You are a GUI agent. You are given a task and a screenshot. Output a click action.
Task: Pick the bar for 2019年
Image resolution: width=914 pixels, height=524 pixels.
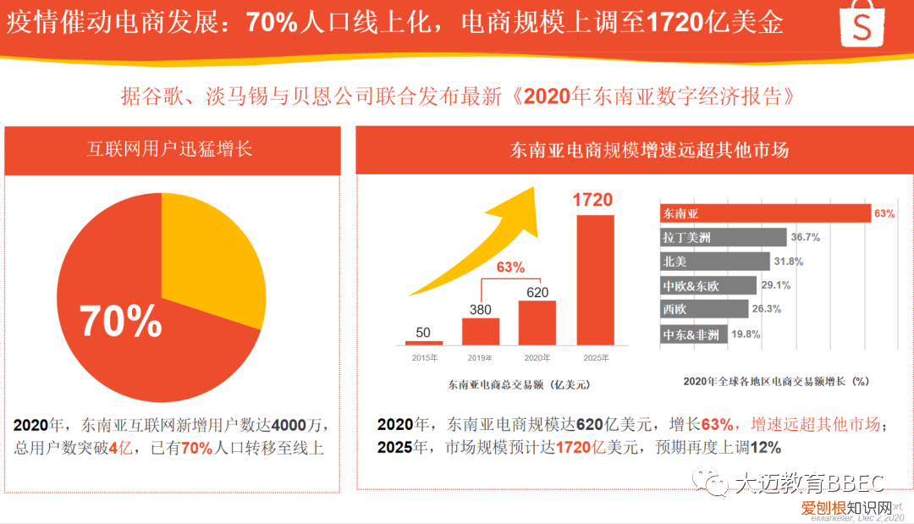click(x=481, y=331)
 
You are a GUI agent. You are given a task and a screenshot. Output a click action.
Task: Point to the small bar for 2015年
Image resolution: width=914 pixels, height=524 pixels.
click(x=424, y=342)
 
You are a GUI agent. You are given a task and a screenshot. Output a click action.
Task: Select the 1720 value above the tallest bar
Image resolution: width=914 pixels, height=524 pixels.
click(x=592, y=201)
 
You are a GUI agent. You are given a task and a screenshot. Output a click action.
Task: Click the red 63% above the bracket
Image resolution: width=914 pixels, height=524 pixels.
click(x=510, y=268)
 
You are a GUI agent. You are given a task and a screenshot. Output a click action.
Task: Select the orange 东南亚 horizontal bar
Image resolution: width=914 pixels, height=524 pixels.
click(x=765, y=213)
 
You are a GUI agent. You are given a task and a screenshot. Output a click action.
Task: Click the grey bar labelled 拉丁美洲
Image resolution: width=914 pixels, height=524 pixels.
click(x=724, y=238)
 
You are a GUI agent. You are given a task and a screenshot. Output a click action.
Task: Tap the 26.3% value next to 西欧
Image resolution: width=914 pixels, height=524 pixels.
click(x=767, y=310)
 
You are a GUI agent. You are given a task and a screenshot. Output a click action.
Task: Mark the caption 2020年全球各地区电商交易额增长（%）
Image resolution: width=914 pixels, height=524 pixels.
click(x=776, y=382)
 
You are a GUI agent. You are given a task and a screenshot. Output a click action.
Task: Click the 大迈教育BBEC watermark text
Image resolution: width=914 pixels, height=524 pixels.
click(x=808, y=483)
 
